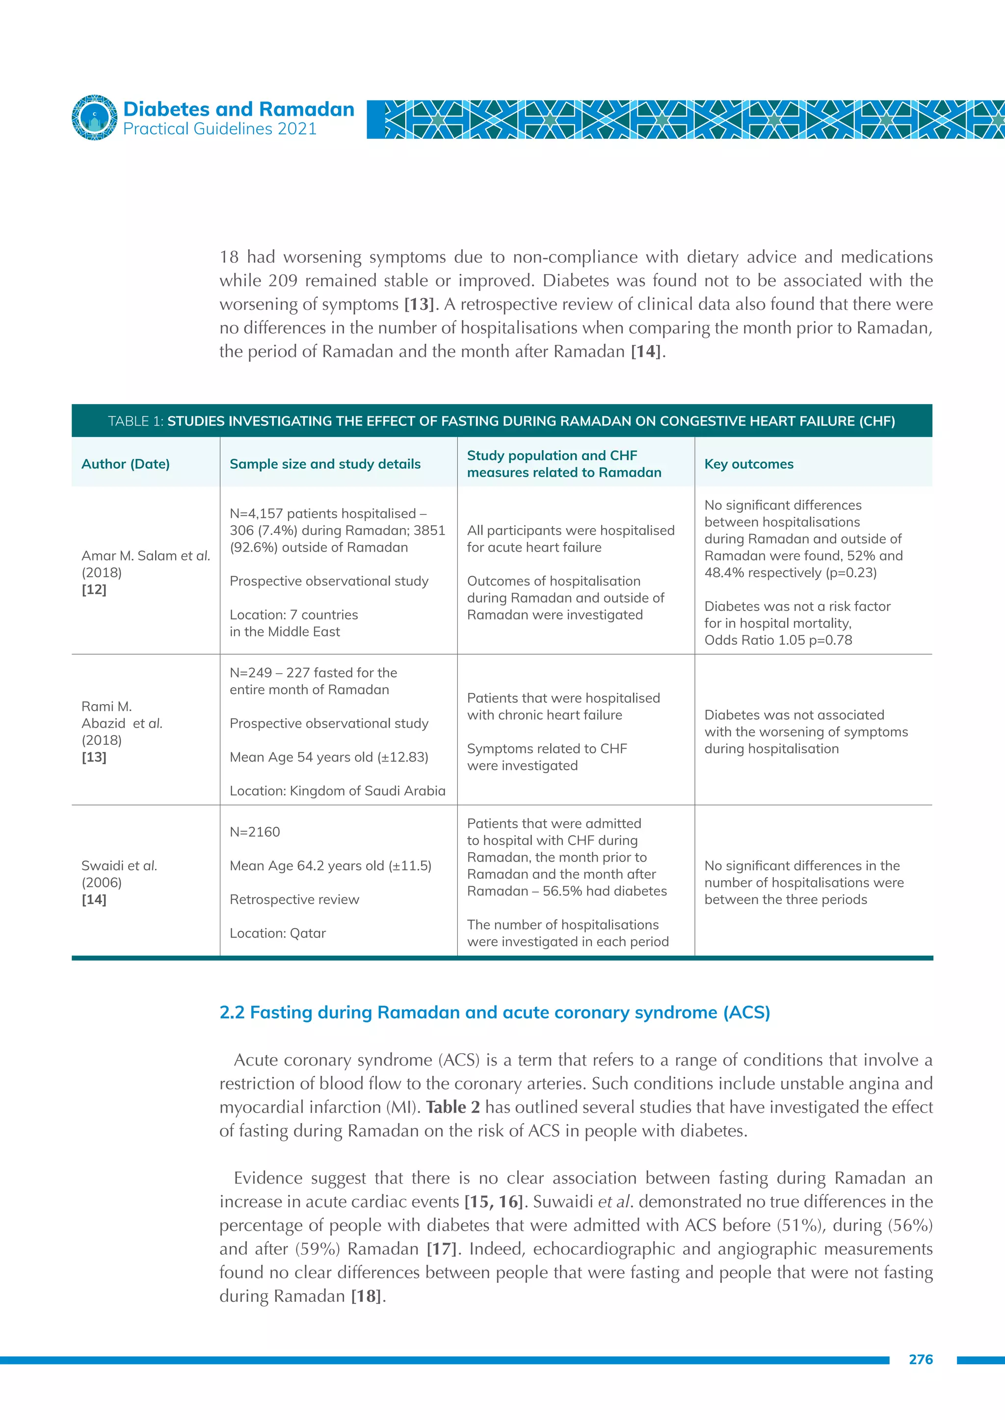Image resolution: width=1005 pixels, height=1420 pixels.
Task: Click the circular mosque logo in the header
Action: (94, 118)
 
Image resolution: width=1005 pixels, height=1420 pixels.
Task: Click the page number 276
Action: (921, 1359)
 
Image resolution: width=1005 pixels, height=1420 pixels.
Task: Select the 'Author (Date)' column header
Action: (126, 464)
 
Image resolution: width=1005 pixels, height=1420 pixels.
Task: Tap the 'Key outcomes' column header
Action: (749, 464)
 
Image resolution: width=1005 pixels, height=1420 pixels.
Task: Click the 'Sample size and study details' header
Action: (325, 464)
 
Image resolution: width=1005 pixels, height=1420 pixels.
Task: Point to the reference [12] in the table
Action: (94, 589)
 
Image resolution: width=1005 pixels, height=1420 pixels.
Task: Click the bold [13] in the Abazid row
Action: (94, 757)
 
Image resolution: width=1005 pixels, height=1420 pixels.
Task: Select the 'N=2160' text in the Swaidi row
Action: (255, 832)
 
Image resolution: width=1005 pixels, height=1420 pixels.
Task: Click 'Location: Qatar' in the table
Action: (278, 933)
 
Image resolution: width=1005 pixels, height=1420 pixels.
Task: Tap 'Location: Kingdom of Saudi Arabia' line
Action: (337, 791)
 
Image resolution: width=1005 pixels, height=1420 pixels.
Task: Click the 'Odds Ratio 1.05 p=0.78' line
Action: (778, 640)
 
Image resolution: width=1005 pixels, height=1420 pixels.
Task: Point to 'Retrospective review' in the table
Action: (294, 899)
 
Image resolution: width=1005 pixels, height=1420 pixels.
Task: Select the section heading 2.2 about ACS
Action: (495, 1013)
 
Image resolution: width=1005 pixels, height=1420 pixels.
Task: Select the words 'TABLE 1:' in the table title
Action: (135, 421)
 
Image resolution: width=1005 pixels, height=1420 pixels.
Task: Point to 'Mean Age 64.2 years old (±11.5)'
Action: (330, 866)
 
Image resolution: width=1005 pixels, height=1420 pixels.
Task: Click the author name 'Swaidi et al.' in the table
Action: (119, 866)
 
